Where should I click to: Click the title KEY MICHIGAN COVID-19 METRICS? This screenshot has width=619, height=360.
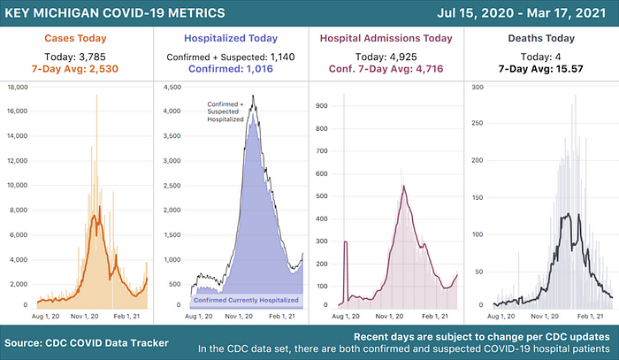[115, 12]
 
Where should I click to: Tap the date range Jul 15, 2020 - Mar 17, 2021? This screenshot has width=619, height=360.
[522, 12]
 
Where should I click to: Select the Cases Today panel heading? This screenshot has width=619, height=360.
[75, 38]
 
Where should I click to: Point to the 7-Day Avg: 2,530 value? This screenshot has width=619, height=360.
[75, 69]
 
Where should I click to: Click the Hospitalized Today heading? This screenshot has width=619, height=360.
[231, 38]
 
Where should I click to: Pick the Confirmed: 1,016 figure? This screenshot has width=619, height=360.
[231, 69]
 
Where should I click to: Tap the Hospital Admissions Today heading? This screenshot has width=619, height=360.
[386, 38]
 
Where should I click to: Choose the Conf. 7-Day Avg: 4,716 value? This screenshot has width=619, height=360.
[386, 69]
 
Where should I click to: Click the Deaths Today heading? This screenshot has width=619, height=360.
[541, 38]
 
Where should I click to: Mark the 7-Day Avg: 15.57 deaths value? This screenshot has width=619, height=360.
[541, 69]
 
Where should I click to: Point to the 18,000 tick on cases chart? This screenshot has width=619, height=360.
[18, 87]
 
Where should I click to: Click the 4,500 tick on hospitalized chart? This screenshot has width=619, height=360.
[172, 87]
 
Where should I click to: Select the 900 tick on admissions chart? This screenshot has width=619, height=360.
[322, 106]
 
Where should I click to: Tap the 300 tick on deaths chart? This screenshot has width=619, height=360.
[478, 87]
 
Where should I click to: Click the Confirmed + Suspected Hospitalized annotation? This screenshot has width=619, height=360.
[225, 111]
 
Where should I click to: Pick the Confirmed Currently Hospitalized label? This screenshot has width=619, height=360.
[246, 300]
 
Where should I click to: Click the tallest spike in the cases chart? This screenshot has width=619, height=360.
[96, 96]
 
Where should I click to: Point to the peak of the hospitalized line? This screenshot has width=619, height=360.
[253, 96]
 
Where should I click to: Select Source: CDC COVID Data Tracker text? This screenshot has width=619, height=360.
[87, 343]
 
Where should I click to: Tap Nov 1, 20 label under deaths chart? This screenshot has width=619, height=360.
[545, 316]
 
